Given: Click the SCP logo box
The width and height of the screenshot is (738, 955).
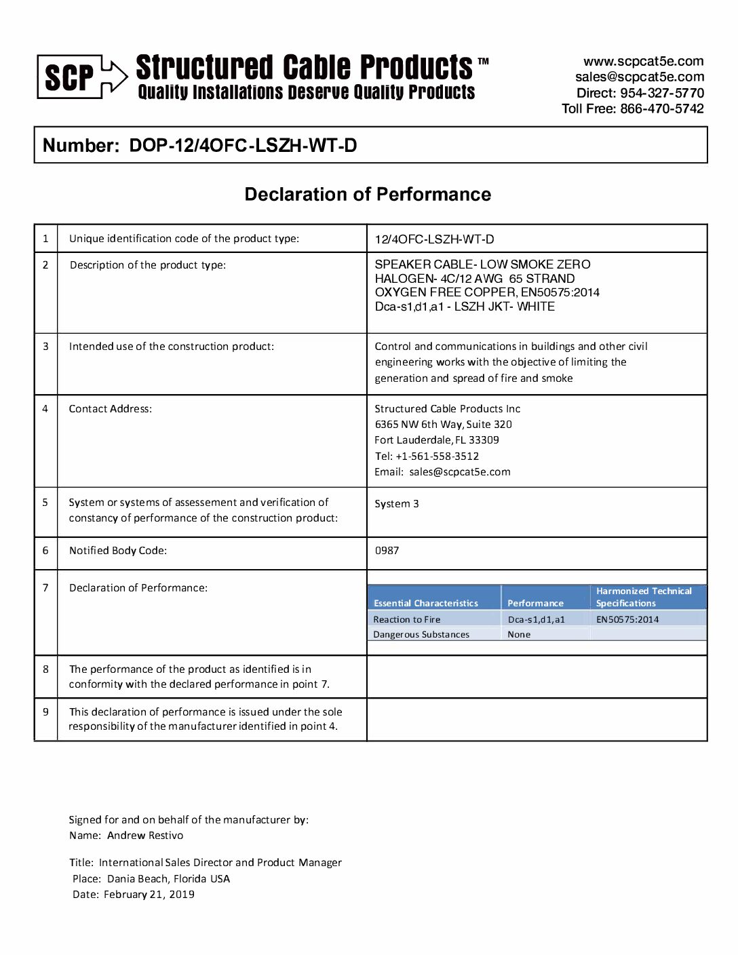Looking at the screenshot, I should point(70,77).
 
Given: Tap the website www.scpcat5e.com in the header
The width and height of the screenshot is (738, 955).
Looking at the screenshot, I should point(643,62).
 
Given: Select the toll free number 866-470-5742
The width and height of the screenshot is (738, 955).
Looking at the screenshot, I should point(661,109).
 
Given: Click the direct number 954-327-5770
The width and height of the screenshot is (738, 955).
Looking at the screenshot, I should point(661,93).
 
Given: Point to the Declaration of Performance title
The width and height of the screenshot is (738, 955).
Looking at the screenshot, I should point(368,195).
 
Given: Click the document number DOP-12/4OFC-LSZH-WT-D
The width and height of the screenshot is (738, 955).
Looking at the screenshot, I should point(243,145).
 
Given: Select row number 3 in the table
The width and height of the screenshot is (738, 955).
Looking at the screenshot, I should point(45,347).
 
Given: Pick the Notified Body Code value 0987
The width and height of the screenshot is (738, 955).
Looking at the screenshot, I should point(387,551).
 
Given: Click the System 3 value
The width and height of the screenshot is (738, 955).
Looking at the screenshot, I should point(396,504).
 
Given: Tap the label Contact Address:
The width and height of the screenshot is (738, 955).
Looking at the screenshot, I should point(110,409).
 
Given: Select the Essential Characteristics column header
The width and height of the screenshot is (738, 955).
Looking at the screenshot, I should point(425,603).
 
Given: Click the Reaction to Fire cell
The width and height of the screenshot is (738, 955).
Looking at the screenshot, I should point(406,619).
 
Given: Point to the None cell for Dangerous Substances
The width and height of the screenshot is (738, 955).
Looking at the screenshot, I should point(519,635).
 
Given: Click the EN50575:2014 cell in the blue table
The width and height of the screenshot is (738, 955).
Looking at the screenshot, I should point(627,619).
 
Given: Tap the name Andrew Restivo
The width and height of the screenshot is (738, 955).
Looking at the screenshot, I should point(145,836).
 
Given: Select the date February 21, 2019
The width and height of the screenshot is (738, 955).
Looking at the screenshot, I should point(149,895).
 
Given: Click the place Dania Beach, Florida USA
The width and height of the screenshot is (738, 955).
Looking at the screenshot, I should point(168,879).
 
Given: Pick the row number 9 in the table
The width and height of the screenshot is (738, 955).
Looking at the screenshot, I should point(45,712).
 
